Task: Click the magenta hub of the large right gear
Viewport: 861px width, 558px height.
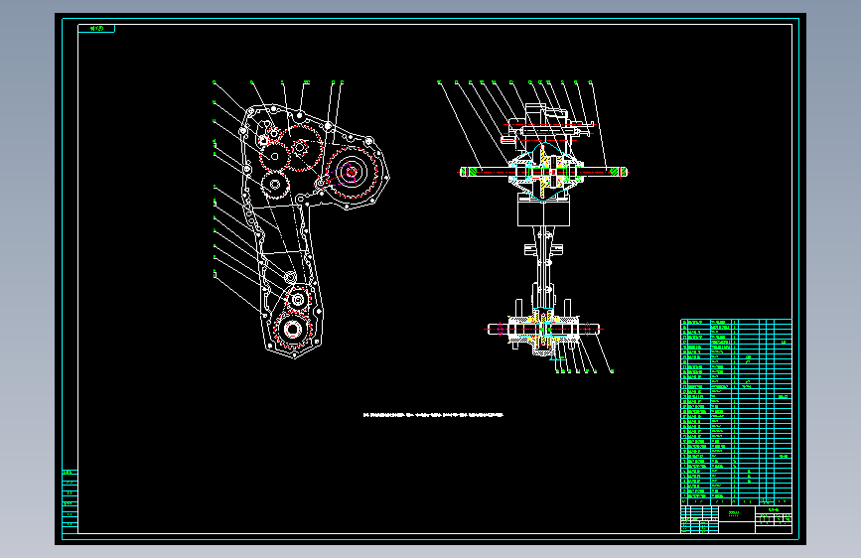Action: [x=350, y=172]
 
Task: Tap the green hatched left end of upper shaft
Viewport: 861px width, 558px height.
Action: [x=467, y=172]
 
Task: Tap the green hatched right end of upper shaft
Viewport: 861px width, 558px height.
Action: [x=619, y=172]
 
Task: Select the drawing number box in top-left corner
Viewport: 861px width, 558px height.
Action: [x=96, y=29]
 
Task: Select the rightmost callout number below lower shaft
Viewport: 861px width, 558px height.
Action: [x=611, y=371]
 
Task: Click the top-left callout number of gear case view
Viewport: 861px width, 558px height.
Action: [x=214, y=82]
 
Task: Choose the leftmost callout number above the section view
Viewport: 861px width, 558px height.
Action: [x=438, y=82]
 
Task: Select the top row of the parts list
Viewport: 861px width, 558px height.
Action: [x=735, y=323]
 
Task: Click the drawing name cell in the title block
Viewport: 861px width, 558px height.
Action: [x=735, y=514]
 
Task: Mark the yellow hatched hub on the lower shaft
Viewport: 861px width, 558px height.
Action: [x=541, y=333]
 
